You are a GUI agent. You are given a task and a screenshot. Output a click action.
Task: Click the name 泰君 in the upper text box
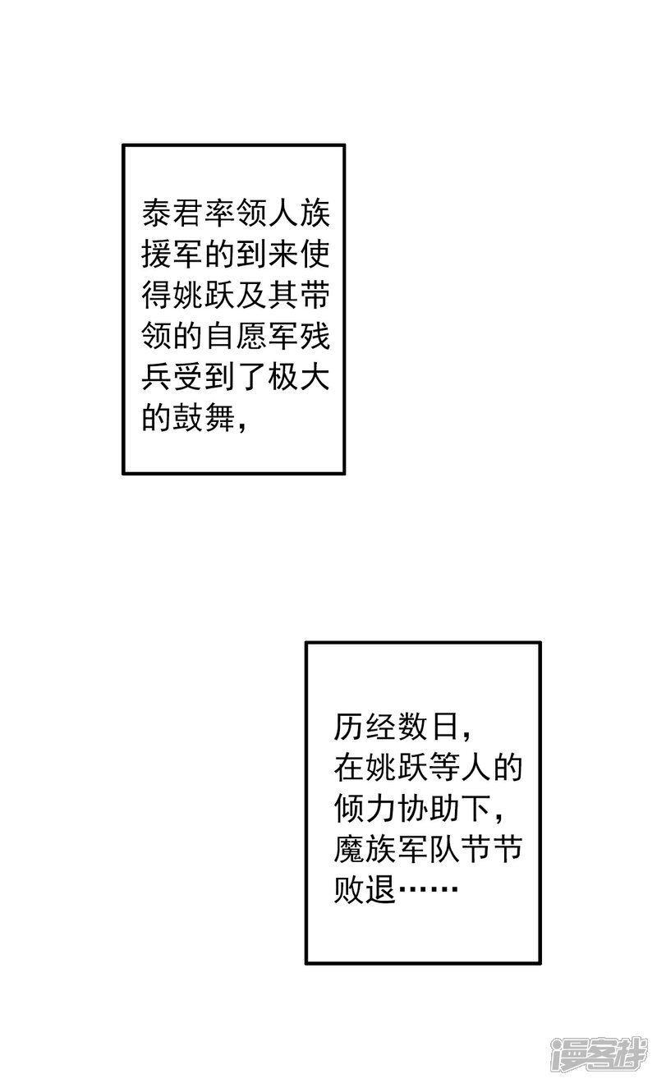173,216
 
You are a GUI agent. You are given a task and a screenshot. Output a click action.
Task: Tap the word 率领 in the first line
236,216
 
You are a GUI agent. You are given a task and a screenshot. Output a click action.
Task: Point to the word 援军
173,258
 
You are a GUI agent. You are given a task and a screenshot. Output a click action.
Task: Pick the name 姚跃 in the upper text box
204,299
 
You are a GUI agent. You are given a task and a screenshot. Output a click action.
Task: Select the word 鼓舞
204,422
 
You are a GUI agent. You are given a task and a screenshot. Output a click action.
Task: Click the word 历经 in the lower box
365,727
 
